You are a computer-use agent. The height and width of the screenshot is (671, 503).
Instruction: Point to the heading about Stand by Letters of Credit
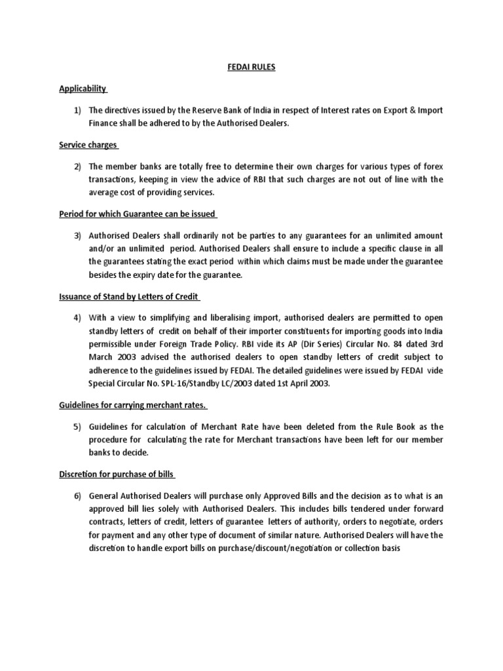click(129, 297)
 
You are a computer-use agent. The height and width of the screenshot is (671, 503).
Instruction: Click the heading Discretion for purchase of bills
click(117, 474)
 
